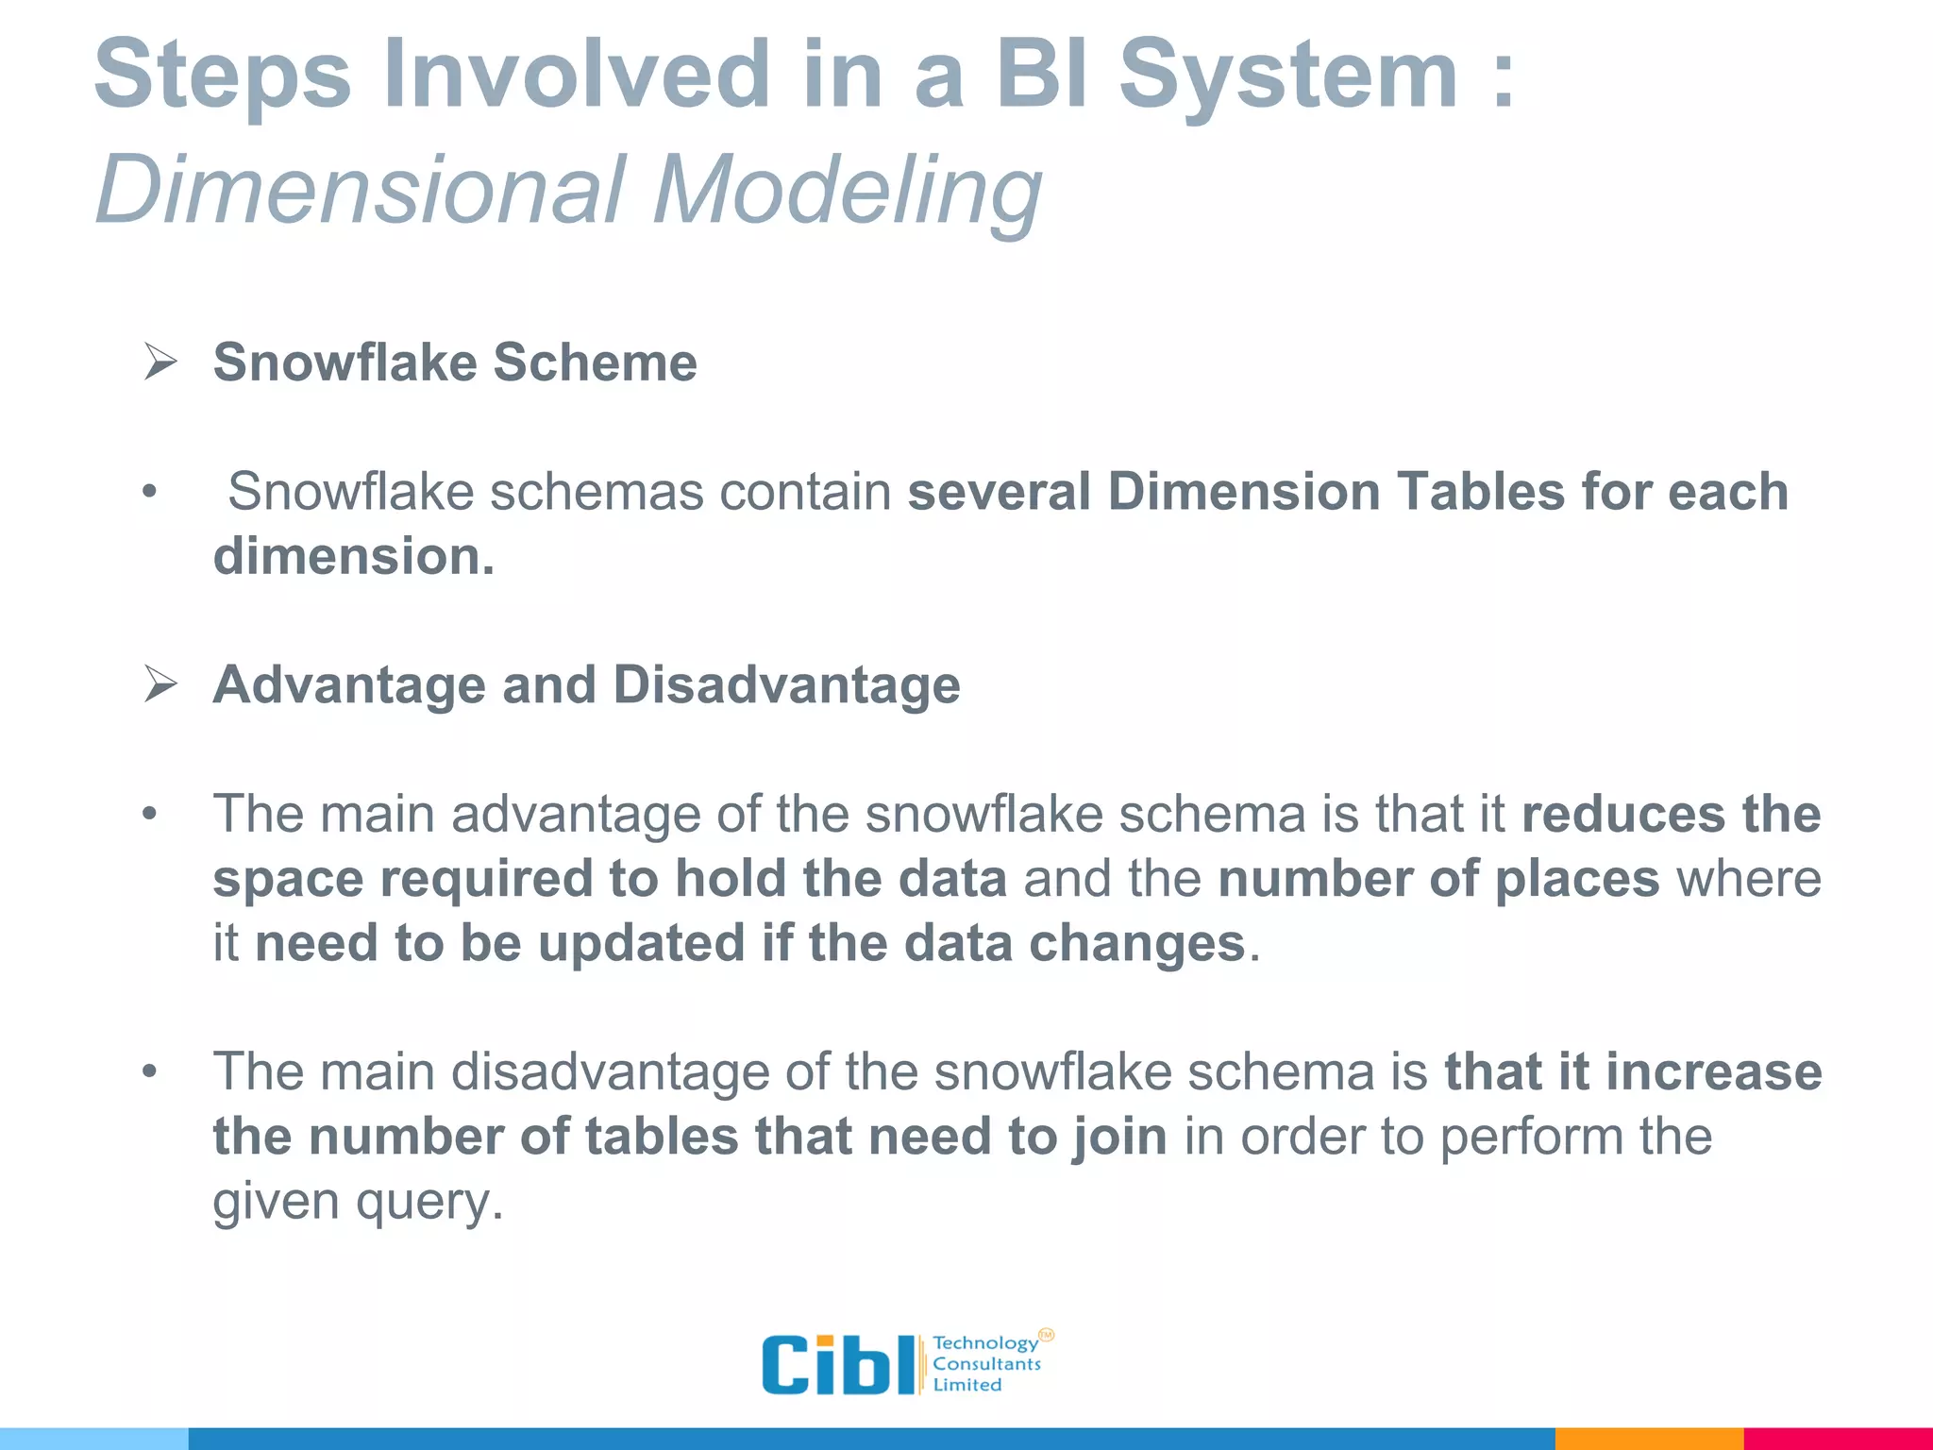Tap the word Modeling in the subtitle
click(847, 192)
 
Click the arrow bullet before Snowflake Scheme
click(160, 362)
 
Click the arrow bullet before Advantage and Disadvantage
click(160, 684)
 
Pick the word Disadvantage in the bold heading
click(786, 684)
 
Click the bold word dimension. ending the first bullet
click(354, 556)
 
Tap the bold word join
click(1119, 1137)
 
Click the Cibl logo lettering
click(837, 1365)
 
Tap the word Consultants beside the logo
click(986, 1364)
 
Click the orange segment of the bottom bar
click(1648, 1439)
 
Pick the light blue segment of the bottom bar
click(93, 1439)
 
